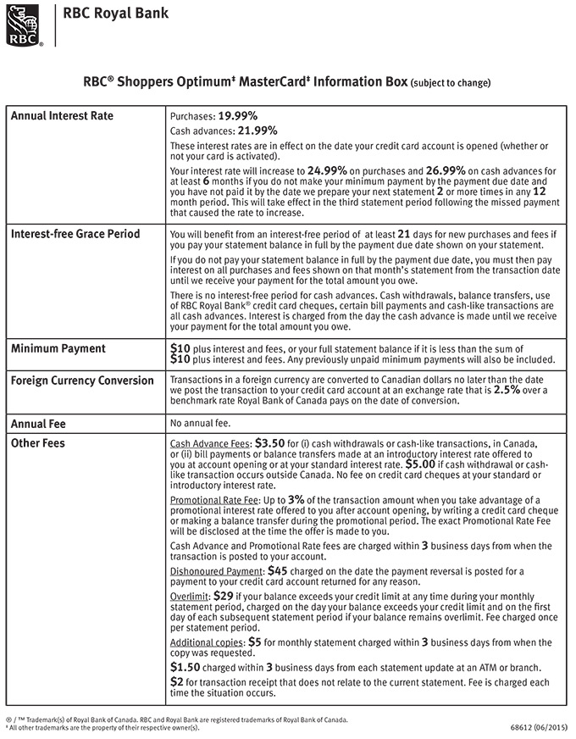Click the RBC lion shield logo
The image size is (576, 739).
[x=22, y=24]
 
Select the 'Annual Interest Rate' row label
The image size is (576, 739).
[x=61, y=116]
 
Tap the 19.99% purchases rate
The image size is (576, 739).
[x=237, y=116]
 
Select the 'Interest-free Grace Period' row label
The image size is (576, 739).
[x=75, y=234]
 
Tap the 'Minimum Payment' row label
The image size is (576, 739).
[x=58, y=348]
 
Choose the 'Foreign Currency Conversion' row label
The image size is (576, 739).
[x=82, y=381]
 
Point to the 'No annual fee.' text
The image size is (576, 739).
[x=200, y=422]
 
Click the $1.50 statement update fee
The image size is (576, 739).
[x=186, y=668]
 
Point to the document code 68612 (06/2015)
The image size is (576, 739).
[x=539, y=726]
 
